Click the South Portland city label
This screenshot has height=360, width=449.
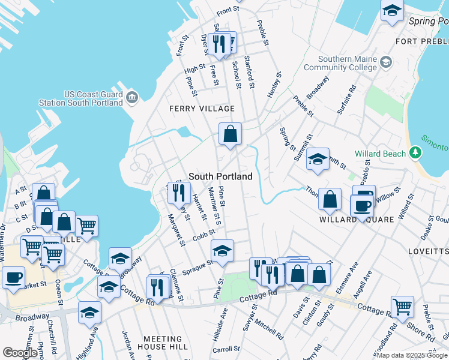pos(220,177)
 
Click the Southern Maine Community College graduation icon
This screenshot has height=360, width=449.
pos(385,62)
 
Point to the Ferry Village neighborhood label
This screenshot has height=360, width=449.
pos(202,109)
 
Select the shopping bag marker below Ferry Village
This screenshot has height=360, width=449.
pos(230,134)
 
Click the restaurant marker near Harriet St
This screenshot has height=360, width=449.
pos(178,192)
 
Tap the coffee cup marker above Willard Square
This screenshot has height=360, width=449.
pos(363,205)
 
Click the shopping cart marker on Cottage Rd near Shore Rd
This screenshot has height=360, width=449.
pos(402,307)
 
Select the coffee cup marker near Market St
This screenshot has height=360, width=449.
pos(13,278)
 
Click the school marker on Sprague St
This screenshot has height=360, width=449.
pos(222,251)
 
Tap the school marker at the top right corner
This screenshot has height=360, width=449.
pos(392,11)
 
